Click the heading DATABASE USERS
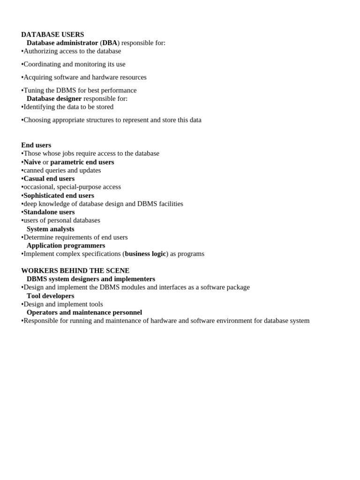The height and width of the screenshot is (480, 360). (52, 35)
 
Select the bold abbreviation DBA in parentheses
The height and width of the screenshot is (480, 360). (110, 43)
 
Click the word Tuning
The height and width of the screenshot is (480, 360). (34, 90)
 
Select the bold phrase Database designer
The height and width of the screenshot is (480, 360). (54, 98)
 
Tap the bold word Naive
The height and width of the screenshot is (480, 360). (32, 162)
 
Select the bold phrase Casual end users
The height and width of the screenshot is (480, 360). (49, 179)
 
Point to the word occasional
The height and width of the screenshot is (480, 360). (38, 187)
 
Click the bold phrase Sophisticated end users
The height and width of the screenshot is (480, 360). (59, 195)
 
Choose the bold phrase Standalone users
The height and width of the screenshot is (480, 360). (49, 212)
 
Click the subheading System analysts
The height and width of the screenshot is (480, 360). (50, 229)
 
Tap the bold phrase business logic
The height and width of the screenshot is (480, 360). (145, 254)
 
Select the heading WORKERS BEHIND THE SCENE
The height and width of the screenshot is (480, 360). (75, 271)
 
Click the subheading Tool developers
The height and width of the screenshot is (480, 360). (50, 296)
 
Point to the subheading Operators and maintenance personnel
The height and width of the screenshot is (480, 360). (84, 313)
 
